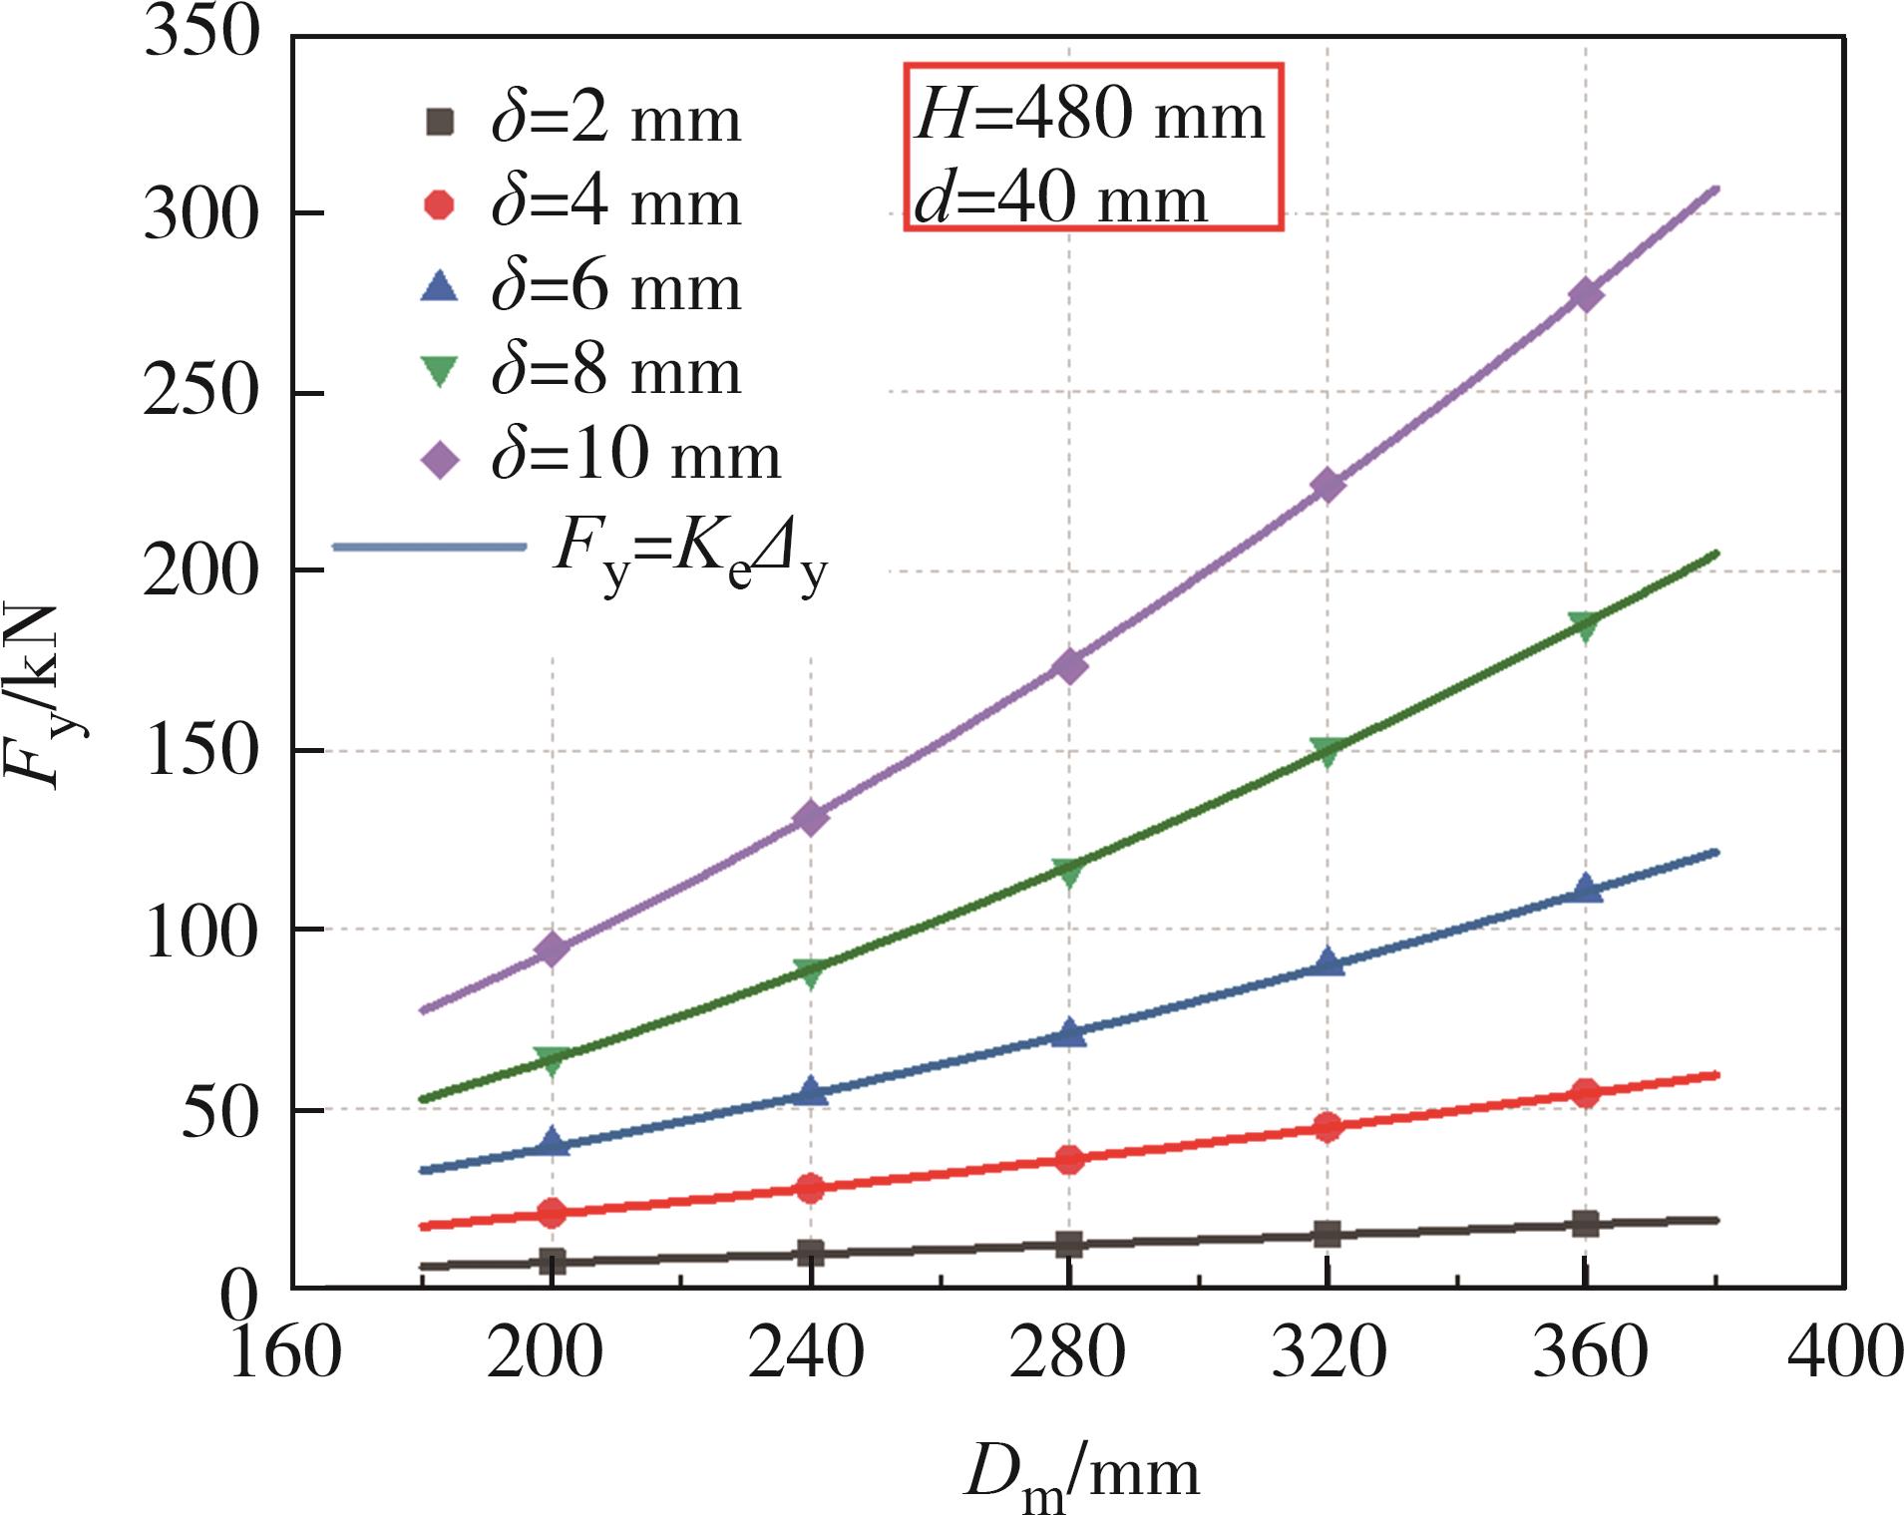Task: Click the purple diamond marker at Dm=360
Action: (x=1585, y=295)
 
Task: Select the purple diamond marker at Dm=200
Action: (x=552, y=948)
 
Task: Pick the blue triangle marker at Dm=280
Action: (x=1069, y=1033)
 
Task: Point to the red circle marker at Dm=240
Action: (x=811, y=1188)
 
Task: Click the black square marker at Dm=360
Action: (x=1585, y=1224)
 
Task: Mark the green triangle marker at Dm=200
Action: (x=552, y=1061)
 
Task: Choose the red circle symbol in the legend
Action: (x=440, y=204)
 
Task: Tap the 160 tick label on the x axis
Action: (x=286, y=1353)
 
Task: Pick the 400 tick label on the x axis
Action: (x=1844, y=1353)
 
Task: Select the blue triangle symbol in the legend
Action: (x=440, y=288)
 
